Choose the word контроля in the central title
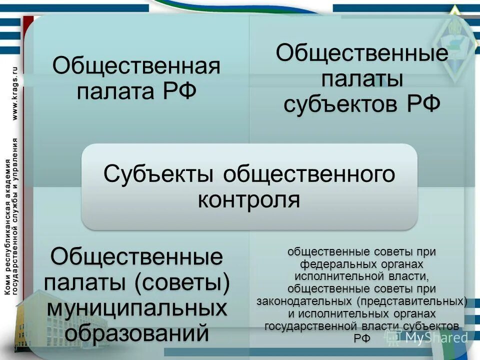click(x=249, y=200)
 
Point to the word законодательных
click(x=305, y=301)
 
